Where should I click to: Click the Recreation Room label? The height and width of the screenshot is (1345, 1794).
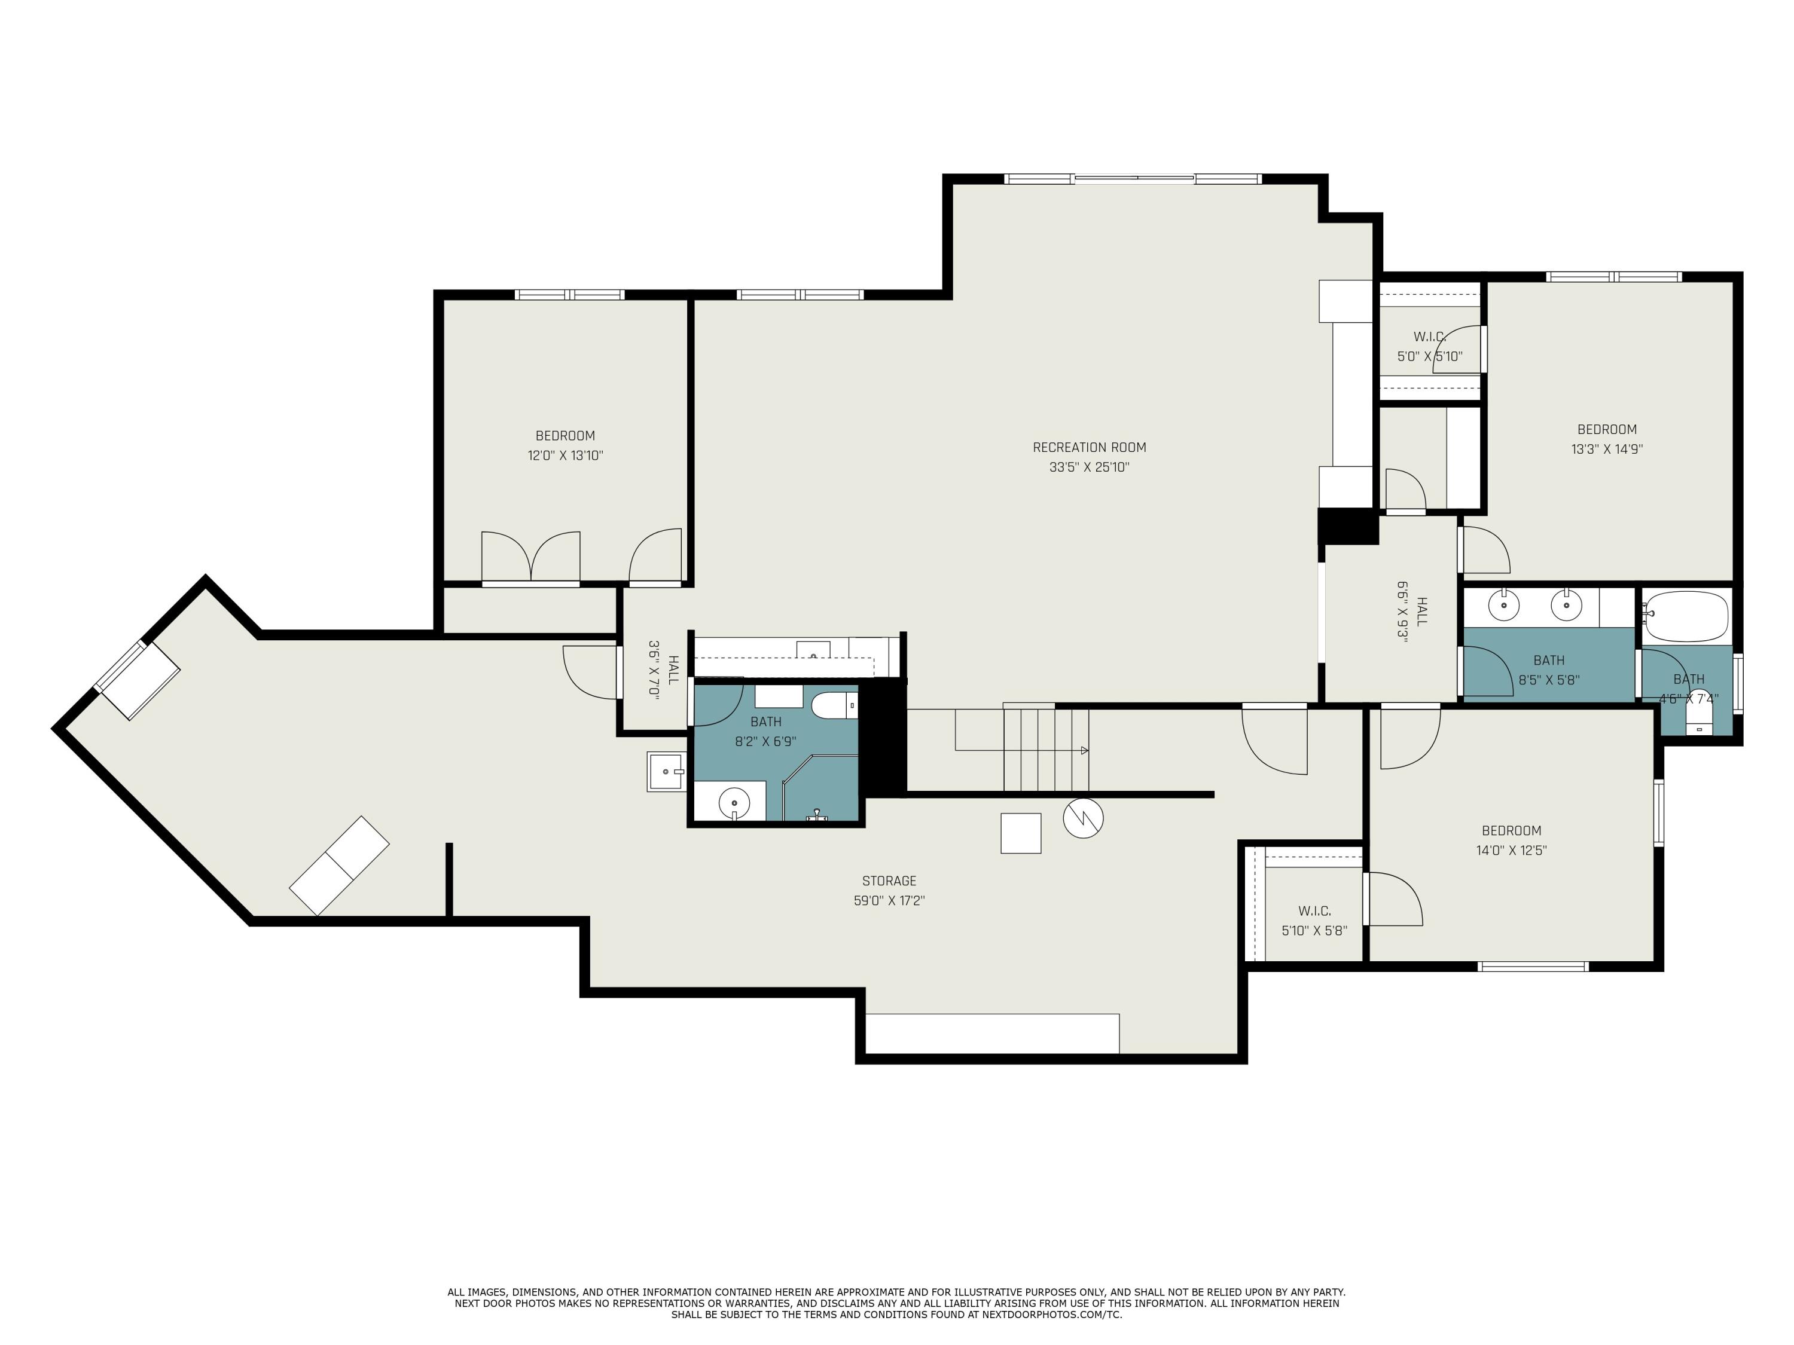pos(1088,447)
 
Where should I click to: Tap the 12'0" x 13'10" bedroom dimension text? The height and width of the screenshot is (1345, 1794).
pos(565,456)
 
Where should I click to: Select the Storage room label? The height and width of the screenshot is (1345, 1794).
pos(889,881)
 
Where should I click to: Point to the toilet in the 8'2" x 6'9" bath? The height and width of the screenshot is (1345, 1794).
pos(833,706)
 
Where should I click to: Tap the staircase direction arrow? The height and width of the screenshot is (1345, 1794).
pos(1084,751)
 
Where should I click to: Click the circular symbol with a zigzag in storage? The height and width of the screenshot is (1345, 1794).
pos(1083,819)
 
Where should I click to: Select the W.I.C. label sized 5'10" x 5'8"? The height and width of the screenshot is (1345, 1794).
pos(1314,911)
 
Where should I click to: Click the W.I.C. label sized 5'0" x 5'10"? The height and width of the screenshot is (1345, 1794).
pos(1430,337)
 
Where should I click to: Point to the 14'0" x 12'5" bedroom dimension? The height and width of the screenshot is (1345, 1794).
pos(1511,851)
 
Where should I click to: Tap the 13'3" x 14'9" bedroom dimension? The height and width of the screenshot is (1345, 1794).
pos(1607,449)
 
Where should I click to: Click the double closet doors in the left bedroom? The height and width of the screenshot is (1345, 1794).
pos(530,558)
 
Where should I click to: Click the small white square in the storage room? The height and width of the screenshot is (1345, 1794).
pos(1020,833)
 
